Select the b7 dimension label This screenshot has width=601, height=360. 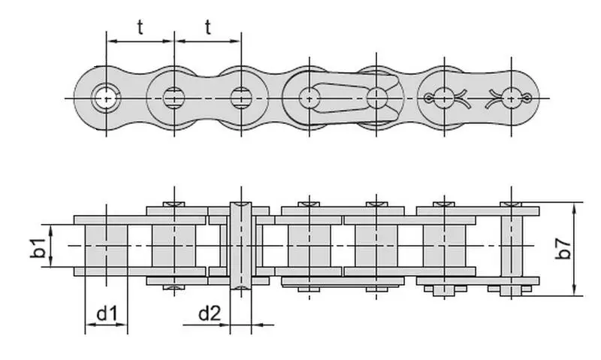tap(563, 249)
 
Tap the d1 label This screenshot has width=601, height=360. tap(107, 313)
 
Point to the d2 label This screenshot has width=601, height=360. tap(210, 313)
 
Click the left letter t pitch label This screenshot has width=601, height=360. tap(140, 27)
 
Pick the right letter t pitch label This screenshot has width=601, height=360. tap(208, 27)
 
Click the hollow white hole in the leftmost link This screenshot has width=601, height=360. tap(106, 98)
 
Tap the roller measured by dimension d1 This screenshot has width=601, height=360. tap(106, 246)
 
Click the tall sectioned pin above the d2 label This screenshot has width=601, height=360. tap(240, 245)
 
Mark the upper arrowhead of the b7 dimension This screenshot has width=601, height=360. tap(574, 209)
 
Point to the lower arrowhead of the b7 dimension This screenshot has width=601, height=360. tap(574, 289)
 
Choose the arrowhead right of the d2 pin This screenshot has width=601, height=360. tap(258, 325)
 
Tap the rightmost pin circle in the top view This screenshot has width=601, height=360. tap(512, 98)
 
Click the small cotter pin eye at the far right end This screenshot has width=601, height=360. tap(527, 98)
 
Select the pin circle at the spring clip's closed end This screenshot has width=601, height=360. tap(310, 98)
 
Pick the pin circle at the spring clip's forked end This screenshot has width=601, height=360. tap(376, 98)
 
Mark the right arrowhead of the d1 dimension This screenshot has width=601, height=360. tap(121, 325)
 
